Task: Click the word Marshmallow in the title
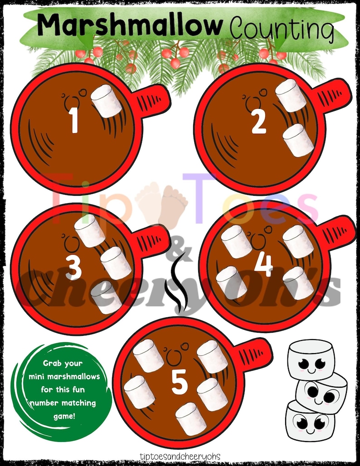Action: (x=130, y=25)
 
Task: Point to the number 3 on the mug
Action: (x=73, y=267)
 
